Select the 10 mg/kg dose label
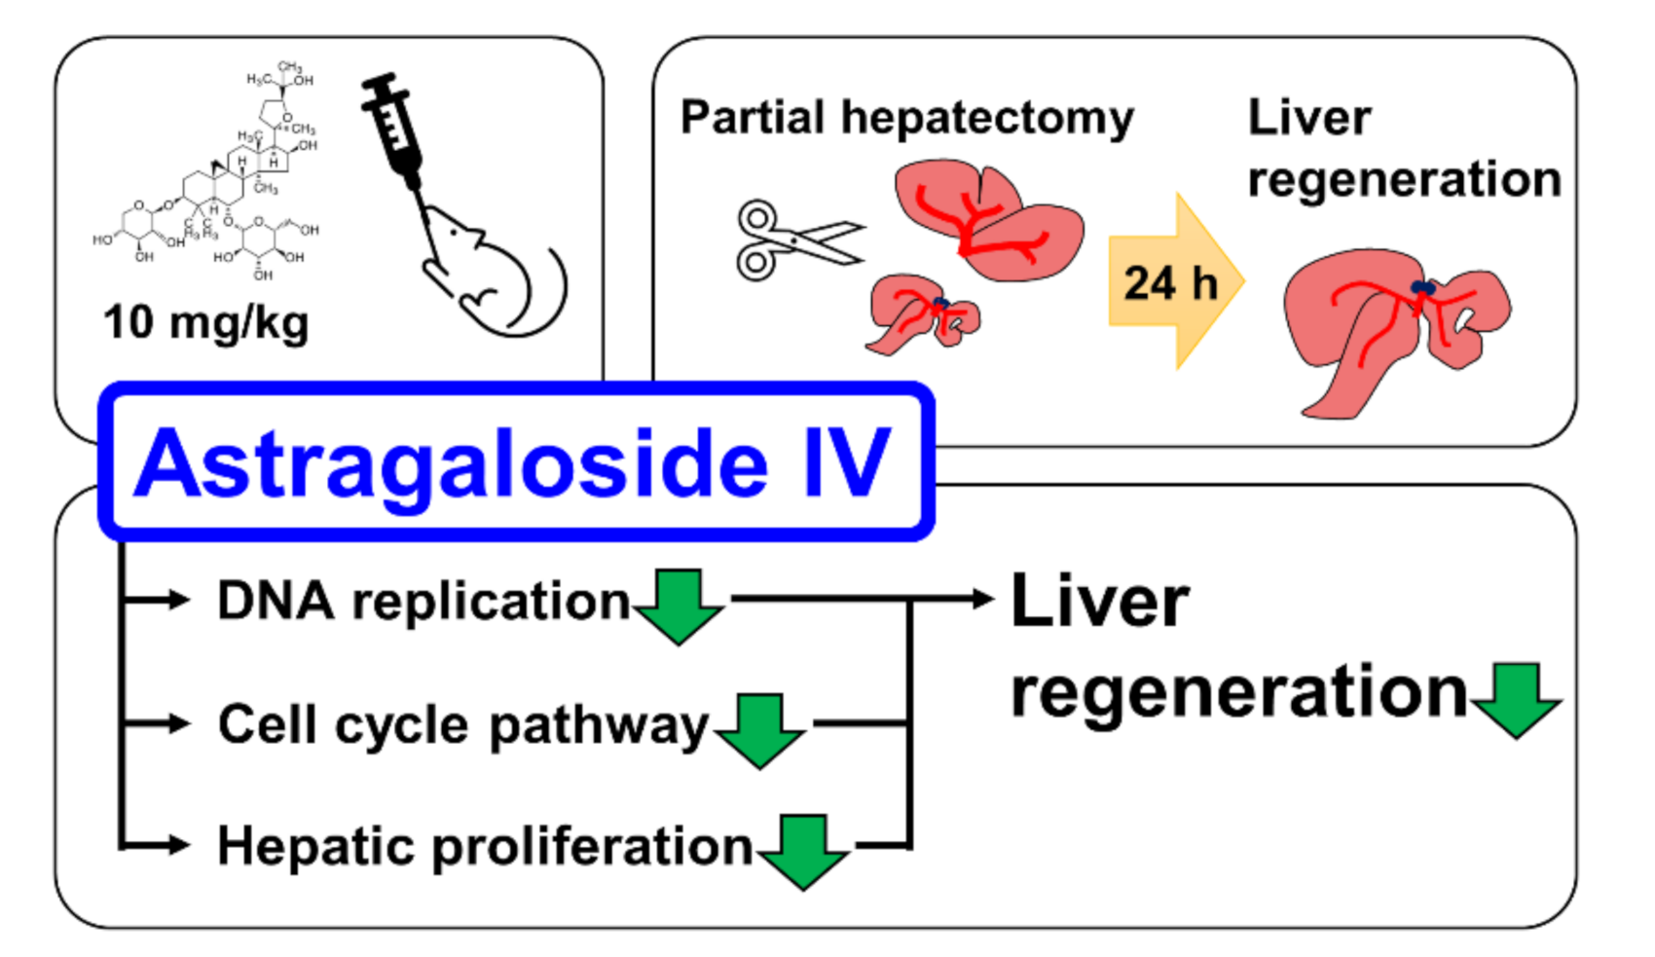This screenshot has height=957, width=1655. click(205, 322)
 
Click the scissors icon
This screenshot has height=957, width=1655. click(793, 239)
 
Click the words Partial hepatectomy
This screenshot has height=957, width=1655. click(906, 118)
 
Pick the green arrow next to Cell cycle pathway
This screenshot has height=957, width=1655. click(759, 729)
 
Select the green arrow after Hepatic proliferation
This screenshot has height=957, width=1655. click(803, 850)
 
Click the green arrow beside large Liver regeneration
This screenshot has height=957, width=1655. click(1517, 699)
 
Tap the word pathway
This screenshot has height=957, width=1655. click(598, 726)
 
